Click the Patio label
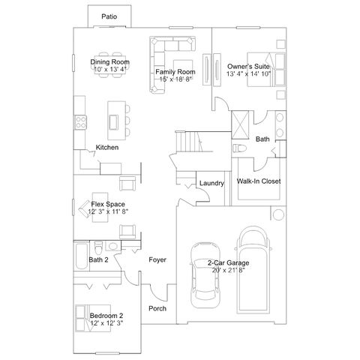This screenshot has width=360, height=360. [109, 16]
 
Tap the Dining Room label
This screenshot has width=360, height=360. [109, 61]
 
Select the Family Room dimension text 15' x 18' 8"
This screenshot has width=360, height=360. [175, 79]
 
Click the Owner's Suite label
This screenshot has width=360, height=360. [248, 66]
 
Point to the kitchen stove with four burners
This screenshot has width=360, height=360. [81, 122]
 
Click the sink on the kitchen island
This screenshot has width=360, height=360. [113, 122]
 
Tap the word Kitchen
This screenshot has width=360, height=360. [107, 147]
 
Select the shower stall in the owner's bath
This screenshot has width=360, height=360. [240, 125]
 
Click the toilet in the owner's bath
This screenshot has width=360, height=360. [239, 148]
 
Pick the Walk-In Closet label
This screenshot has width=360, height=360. [259, 181]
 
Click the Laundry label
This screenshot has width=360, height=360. [211, 183]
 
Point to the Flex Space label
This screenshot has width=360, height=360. [108, 204]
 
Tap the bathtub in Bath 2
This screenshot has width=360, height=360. [82, 256]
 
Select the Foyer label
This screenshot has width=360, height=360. [157, 259]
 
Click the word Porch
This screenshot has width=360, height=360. [157, 308]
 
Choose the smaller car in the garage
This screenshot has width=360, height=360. [205, 275]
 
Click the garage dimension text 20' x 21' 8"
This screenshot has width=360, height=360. [228, 270]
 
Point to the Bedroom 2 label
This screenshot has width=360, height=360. [106, 316]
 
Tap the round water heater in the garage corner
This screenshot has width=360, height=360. [278, 214]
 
